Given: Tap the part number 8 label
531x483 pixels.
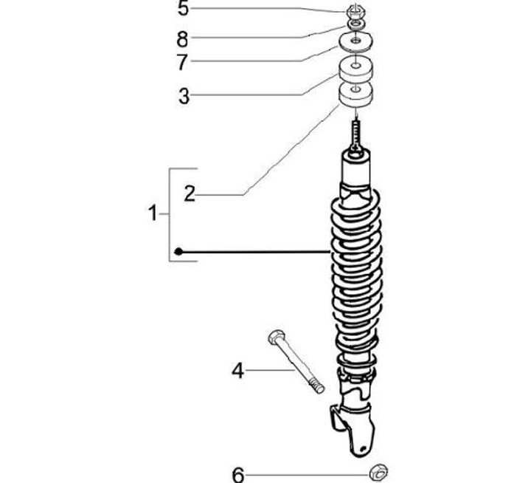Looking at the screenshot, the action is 183,37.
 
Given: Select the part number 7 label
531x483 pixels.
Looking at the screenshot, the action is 183,62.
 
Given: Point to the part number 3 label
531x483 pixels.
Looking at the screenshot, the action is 183,95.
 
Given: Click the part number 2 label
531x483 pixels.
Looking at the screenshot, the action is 190,193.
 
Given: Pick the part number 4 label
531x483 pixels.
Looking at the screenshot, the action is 237,369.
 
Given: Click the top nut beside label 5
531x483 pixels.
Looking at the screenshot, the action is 355,11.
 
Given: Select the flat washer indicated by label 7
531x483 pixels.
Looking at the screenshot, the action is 355,41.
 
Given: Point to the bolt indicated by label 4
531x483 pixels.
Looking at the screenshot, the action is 295,362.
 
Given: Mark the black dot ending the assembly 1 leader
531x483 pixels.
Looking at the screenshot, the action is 178,253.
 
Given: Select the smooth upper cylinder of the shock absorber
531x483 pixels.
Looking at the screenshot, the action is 356,171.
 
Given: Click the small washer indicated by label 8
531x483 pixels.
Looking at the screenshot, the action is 355,25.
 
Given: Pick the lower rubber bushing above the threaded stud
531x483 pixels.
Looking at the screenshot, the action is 355,96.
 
